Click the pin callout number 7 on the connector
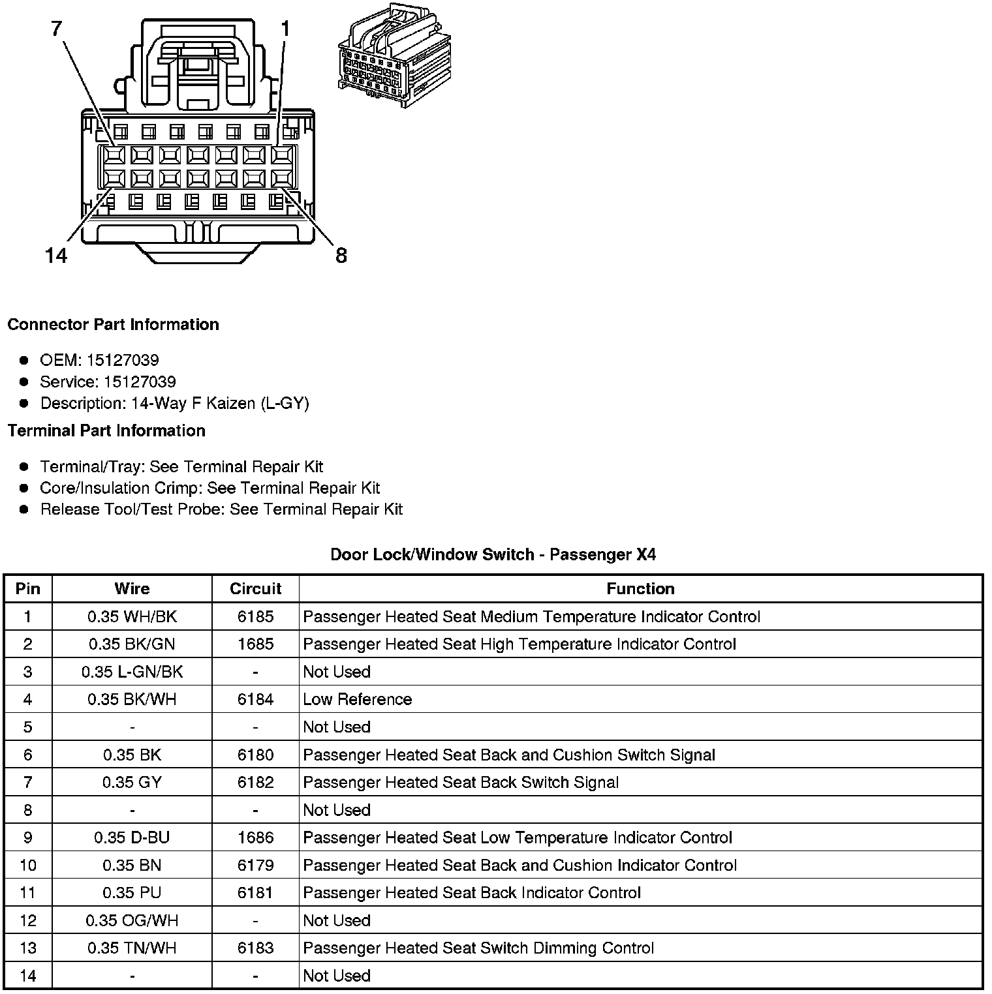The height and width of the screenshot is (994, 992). click(x=57, y=29)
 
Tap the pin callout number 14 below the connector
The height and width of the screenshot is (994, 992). click(x=57, y=255)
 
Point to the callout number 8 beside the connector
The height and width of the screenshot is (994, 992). click(x=341, y=255)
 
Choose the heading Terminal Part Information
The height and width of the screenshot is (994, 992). click(x=106, y=430)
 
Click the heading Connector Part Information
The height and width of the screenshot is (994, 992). click(x=113, y=324)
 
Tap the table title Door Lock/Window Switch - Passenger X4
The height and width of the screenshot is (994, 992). click(x=493, y=554)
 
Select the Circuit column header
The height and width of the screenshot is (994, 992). click(x=255, y=588)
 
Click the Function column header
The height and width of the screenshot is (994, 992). click(x=640, y=588)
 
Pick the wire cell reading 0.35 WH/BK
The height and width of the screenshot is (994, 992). click(x=132, y=616)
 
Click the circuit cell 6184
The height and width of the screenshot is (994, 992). click(x=255, y=699)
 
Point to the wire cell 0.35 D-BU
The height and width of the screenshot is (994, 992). click(x=132, y=837)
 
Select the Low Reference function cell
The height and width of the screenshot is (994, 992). click(x=358, y=699)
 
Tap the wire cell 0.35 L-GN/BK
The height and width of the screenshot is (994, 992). click(x=132, y=672)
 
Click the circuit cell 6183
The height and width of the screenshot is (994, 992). click(x=255, y=948)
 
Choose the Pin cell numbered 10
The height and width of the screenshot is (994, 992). click(x=27, y=865)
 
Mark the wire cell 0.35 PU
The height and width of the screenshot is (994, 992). click(x=132, y=892)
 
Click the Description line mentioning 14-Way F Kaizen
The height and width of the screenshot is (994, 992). click(x=174, y=403)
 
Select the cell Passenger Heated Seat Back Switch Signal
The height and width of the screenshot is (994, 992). click(x=461, y=782)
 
